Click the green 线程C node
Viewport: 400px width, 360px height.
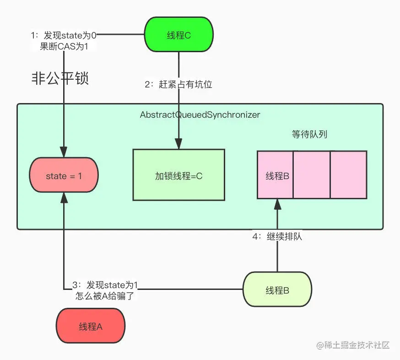[178, 35]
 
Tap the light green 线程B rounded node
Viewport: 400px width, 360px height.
[277, 290]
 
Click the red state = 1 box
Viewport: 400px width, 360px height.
[64, 175]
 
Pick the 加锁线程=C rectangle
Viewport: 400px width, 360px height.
[178, 175]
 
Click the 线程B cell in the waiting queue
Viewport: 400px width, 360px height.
[275, 175]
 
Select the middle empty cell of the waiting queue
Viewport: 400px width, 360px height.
[311, 175]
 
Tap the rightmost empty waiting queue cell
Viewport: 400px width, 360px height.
[348, 175]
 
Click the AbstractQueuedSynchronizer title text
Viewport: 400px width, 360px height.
[200, 115]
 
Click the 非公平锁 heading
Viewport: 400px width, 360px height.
[59, 79]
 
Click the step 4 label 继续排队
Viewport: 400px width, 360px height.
[277, 237]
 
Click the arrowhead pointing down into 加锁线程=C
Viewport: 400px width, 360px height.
[178, 144]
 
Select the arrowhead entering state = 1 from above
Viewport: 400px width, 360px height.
[64, 153]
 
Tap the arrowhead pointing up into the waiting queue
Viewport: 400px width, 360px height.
[277, 203]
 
